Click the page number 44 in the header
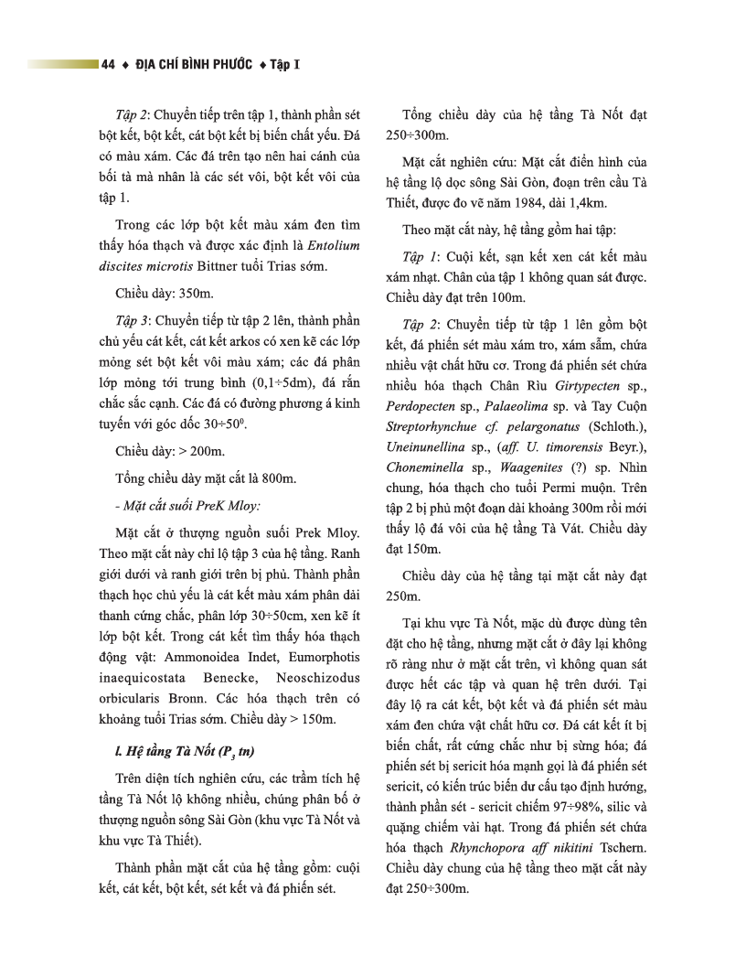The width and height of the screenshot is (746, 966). click(108, 65)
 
